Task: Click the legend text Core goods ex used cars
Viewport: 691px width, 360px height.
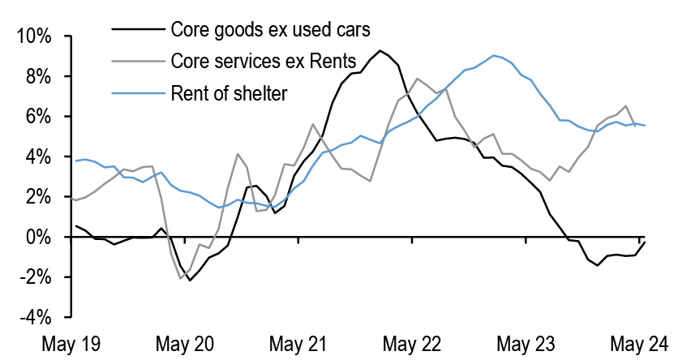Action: tap(270, 30)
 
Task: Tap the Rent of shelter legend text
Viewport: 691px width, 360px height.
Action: tap(229, 93)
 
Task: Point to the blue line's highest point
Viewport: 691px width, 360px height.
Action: tap(494, 55)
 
